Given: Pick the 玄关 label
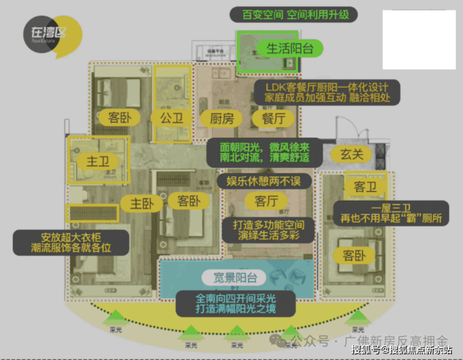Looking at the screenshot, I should (351, 153).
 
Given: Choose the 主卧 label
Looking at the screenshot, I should (143, 203).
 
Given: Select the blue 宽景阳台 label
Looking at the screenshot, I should (233, 278).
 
